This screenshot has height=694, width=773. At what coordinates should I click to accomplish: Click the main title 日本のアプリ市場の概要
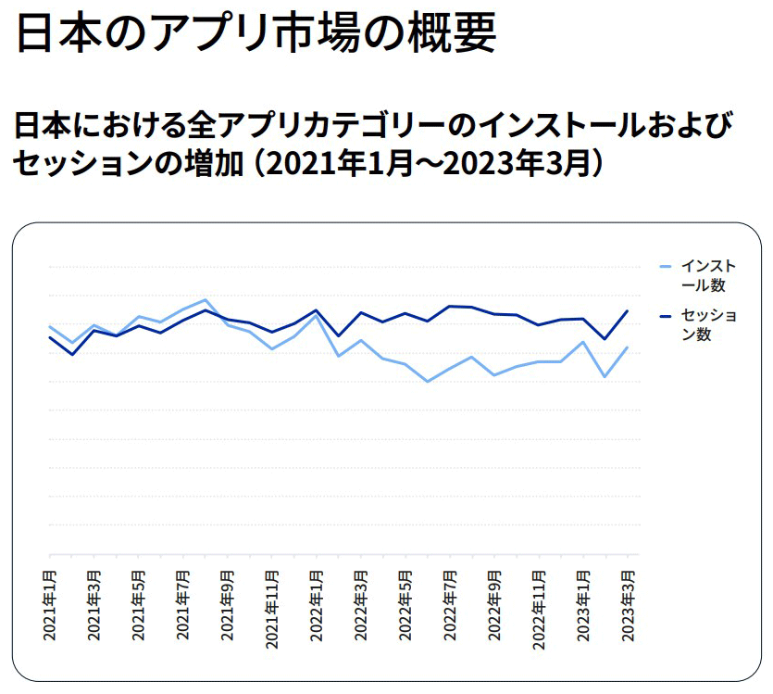pyautogui.click(x=256, y=32)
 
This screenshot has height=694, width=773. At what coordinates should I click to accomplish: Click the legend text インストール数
pyautogui.click(x=708, y=275)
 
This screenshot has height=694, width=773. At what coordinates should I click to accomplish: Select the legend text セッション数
pyautogui.click(x=708, y=324)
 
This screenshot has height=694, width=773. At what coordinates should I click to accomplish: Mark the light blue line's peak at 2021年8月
pyautogui.click(x=205, y=299)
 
